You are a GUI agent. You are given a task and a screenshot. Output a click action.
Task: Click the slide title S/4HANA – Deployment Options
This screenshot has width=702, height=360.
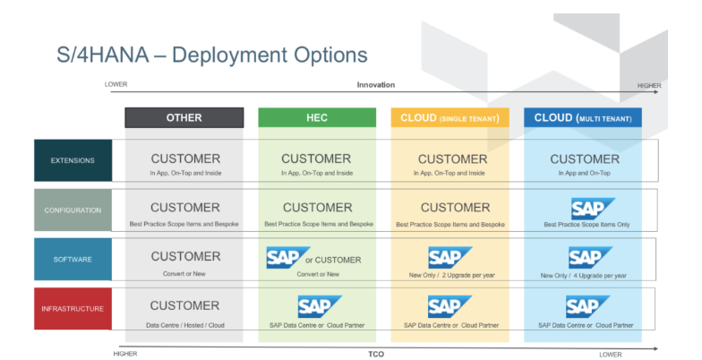[x=211, y=56]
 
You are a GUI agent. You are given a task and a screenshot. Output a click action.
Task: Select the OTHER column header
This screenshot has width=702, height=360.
[x=184, y=117]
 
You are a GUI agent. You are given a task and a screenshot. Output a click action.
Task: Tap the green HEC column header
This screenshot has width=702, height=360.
[x=316, y=117]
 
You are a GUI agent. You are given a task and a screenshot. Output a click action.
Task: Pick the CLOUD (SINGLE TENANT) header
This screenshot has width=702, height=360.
[x=449, y=117]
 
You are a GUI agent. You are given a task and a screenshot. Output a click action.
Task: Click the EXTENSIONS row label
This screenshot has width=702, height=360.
[x=73, y=161]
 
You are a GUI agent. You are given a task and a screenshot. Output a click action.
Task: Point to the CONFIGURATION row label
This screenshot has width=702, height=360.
[x=73, y=210]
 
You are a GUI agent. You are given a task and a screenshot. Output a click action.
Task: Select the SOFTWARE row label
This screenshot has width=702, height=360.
[x=73, y=260]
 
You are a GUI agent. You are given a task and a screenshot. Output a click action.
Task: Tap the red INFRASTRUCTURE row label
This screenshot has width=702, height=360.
[x=73, y=309]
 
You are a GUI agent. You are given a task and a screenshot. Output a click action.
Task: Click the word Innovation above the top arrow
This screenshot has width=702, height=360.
[x=376, y=85]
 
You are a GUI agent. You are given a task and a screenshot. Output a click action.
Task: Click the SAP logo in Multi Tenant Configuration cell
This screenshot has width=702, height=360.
[x=592, y=208]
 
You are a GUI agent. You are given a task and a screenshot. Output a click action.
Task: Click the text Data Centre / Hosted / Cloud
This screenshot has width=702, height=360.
[x=185, y=324]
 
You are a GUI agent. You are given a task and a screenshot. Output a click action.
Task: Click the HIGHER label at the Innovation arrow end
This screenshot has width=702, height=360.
[x=649, y=86]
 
